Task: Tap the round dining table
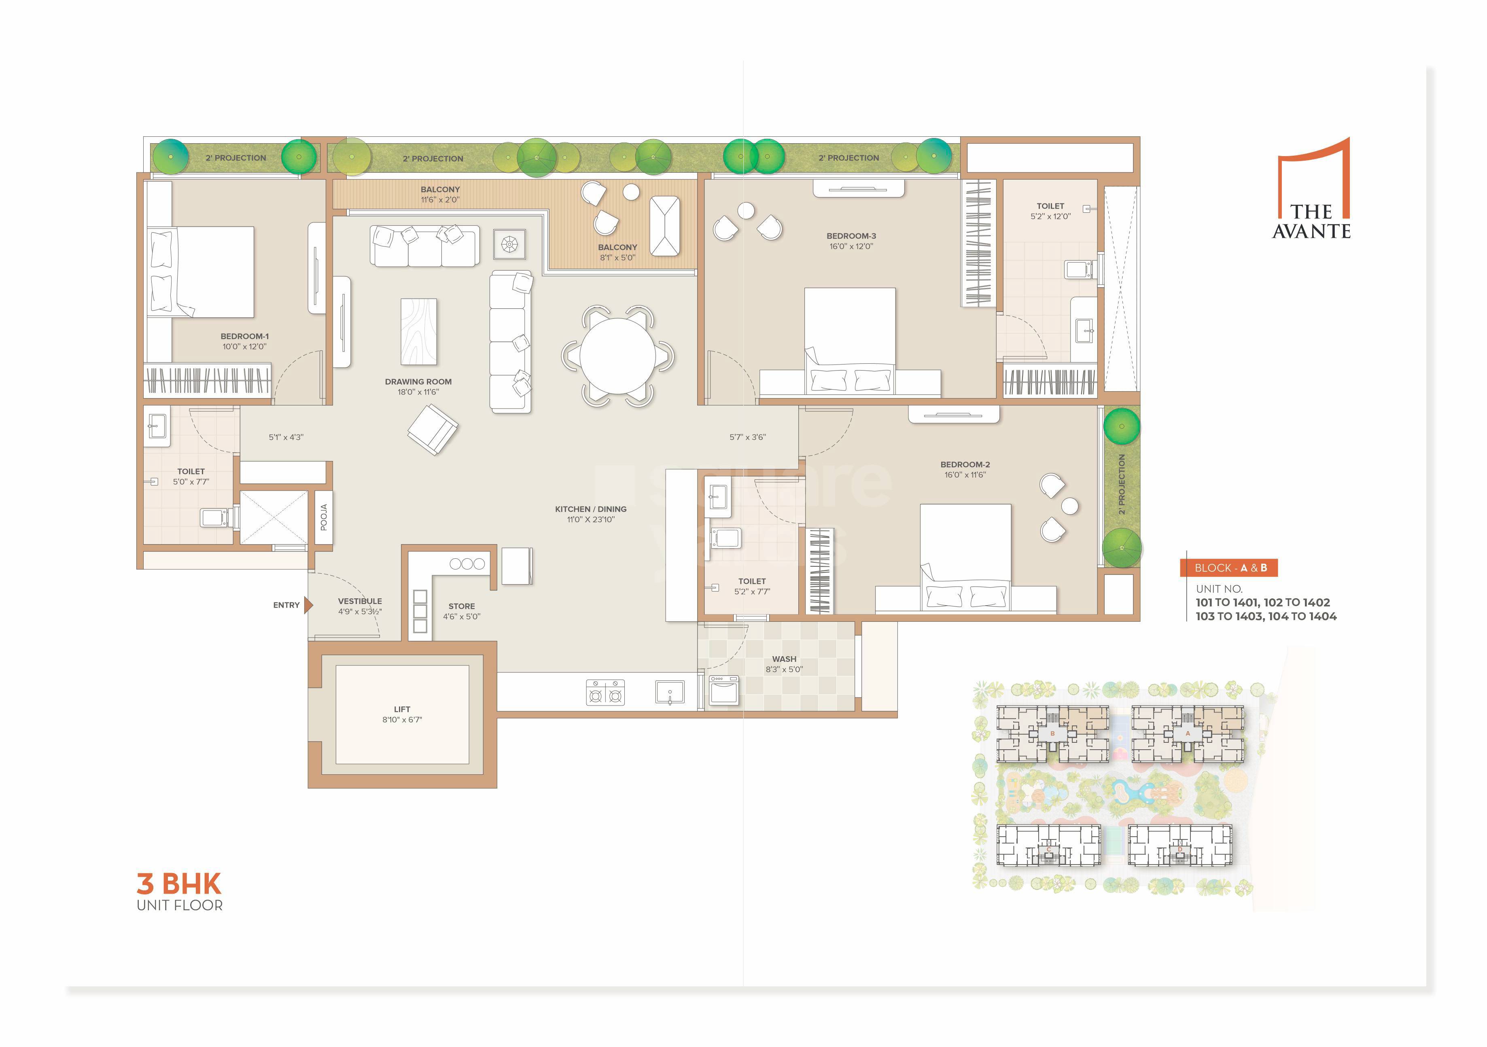tap(617, 356)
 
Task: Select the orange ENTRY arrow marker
tap(308, 605)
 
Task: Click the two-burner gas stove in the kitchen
tap(605, 692)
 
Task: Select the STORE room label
tap(461, 606)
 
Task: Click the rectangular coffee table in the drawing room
tap(418, 331)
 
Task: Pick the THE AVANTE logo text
tap(1311, 221)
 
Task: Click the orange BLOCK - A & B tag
tap(1228, 568)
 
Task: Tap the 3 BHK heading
tap(179, 884)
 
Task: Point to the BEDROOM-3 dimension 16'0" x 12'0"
tap(851, 246)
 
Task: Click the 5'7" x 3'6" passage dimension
tap(747, 437)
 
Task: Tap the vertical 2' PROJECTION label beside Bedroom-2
tap(1121, 484)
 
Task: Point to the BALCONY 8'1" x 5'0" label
tap(617, 252)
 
